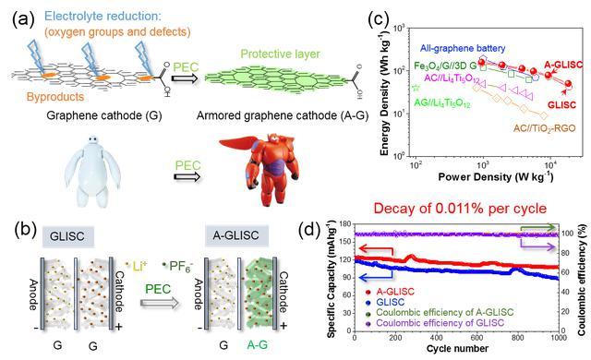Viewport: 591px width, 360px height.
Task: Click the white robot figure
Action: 91,172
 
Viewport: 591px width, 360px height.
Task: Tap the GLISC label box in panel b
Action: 67,236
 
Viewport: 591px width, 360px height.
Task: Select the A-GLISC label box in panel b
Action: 236,235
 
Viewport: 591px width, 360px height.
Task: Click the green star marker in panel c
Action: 416,88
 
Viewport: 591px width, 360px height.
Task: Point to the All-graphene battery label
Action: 463,48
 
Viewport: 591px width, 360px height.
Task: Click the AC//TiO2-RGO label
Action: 544,128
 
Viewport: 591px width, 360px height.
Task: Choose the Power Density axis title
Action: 496,176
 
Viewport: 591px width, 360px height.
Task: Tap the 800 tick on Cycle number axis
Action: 517,338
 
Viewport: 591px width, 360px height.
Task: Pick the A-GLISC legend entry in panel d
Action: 390,292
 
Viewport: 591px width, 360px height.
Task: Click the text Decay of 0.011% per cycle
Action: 460,209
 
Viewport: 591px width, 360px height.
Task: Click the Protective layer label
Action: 280,54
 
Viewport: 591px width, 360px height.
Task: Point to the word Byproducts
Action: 55,97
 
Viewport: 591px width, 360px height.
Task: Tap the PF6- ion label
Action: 178,266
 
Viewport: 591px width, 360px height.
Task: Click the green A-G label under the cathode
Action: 258,344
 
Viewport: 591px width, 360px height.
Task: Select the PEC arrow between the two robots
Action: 187,177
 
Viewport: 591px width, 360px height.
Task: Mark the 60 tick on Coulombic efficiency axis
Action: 567,272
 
